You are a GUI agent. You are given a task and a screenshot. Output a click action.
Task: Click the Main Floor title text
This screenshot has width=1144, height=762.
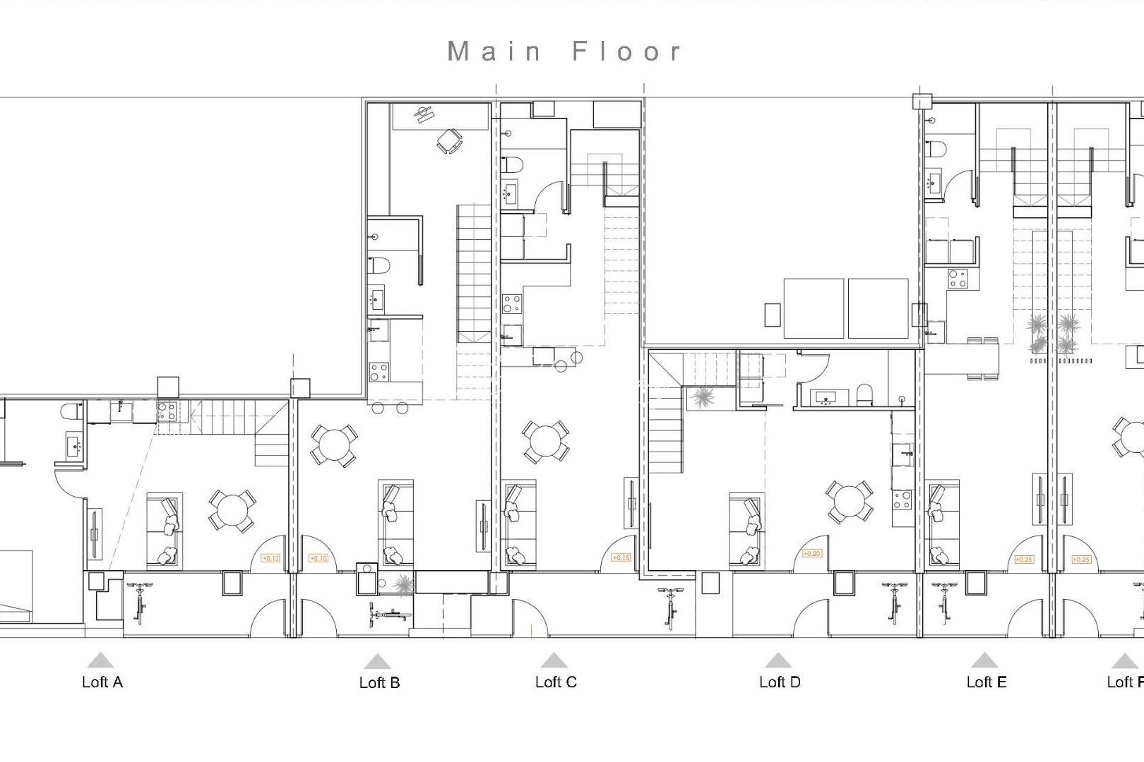point(565,52)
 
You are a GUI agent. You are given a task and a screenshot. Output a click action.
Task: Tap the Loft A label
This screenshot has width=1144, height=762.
point(102,682)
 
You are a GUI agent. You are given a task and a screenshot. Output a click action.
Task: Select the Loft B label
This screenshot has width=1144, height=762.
point(379,682)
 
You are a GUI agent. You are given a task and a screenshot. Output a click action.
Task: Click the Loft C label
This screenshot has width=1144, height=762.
point(556,682)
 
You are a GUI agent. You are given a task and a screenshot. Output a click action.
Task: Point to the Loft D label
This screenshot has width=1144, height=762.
point(780,682)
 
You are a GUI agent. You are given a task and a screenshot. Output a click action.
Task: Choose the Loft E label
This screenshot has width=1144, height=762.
point(986,682)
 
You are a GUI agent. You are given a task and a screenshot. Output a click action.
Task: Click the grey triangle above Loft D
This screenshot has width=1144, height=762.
point(778,660)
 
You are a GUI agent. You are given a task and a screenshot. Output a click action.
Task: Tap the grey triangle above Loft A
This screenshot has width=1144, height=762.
point(101,660)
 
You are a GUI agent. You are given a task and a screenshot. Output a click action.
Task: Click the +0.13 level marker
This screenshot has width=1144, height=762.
point(270,558)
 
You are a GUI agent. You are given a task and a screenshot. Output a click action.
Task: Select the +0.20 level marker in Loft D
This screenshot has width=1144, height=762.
point(812,554)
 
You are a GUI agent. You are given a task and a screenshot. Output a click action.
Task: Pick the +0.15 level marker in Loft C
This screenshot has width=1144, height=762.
point(621,557)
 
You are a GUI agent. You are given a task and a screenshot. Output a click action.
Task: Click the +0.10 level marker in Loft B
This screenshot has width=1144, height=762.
point(318,558)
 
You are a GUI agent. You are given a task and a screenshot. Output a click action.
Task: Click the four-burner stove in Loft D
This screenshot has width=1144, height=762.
point(902,500)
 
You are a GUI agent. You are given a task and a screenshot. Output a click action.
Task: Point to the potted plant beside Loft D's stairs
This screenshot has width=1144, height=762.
point(703,397)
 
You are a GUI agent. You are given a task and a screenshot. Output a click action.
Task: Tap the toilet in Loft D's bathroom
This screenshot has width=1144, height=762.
point(864,395)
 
